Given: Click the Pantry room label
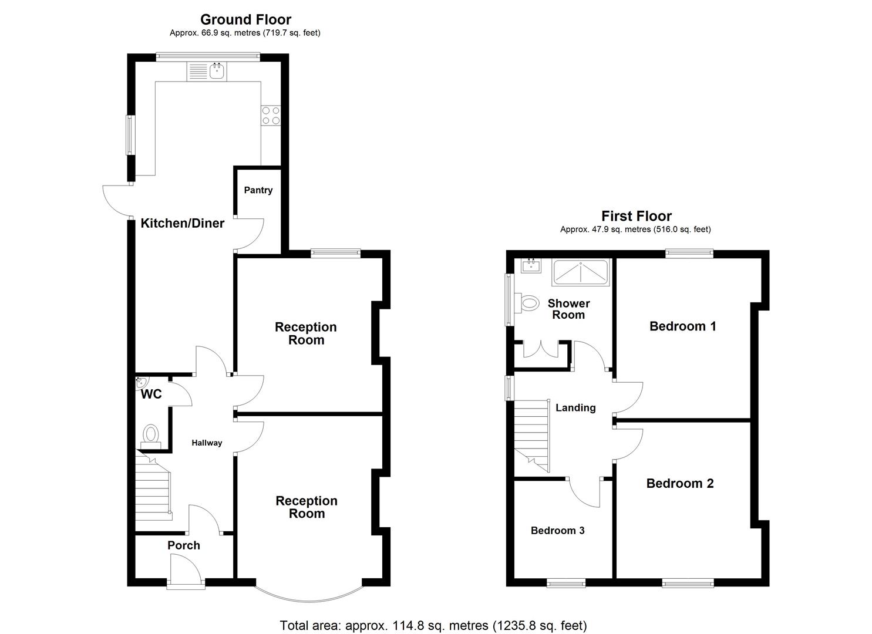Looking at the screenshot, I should point(258,190).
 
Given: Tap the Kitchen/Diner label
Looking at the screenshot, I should point(183,223).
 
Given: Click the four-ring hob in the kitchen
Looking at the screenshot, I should point(271,115).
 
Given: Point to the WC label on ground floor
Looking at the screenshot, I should point(151,394).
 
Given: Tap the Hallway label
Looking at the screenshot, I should point(207,443).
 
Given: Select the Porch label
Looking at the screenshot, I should point(184,545).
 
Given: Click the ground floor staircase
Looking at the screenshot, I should point(153,487).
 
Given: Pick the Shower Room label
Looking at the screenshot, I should point(568,309).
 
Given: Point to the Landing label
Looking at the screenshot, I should point(575,408).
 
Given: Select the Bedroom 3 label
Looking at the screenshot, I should point(557,531).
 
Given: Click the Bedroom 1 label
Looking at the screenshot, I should point(682,326).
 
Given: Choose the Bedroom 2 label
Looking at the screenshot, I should point(680,484).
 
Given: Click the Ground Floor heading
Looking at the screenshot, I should point(245,20).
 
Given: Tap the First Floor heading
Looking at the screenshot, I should point(636,216).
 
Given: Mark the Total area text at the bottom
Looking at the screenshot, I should point(433,625).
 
